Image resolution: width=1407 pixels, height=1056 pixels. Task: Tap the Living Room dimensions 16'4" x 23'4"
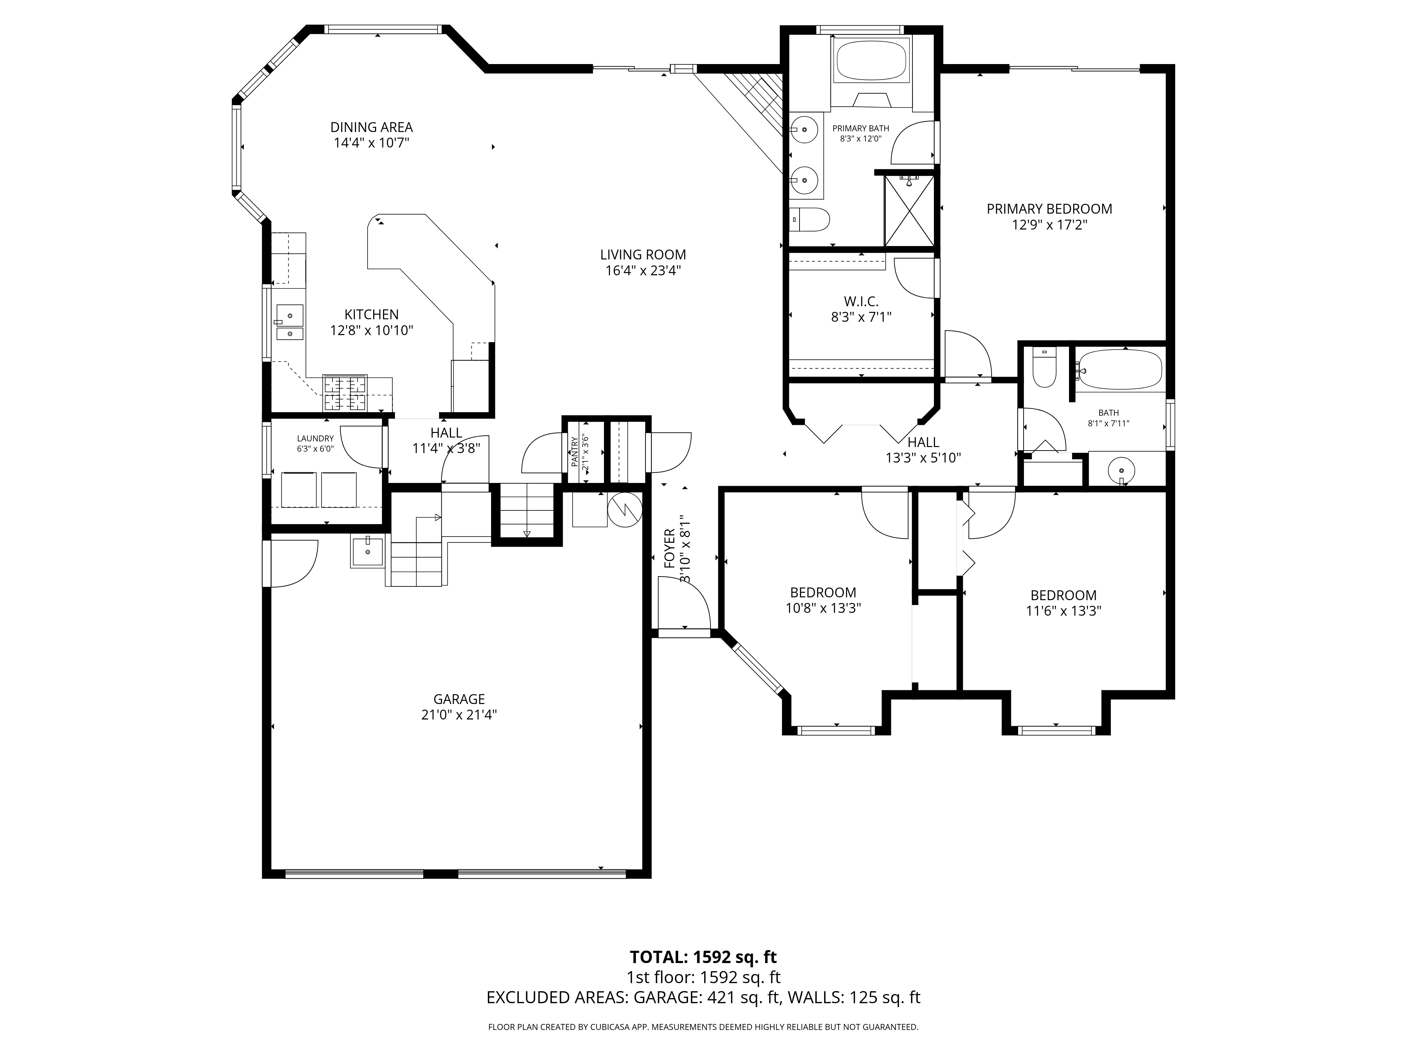tap(643, 271)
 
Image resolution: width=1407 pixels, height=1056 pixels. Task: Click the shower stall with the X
tap(910, 210)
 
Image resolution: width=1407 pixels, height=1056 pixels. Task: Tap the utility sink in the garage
tap(368, 551)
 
